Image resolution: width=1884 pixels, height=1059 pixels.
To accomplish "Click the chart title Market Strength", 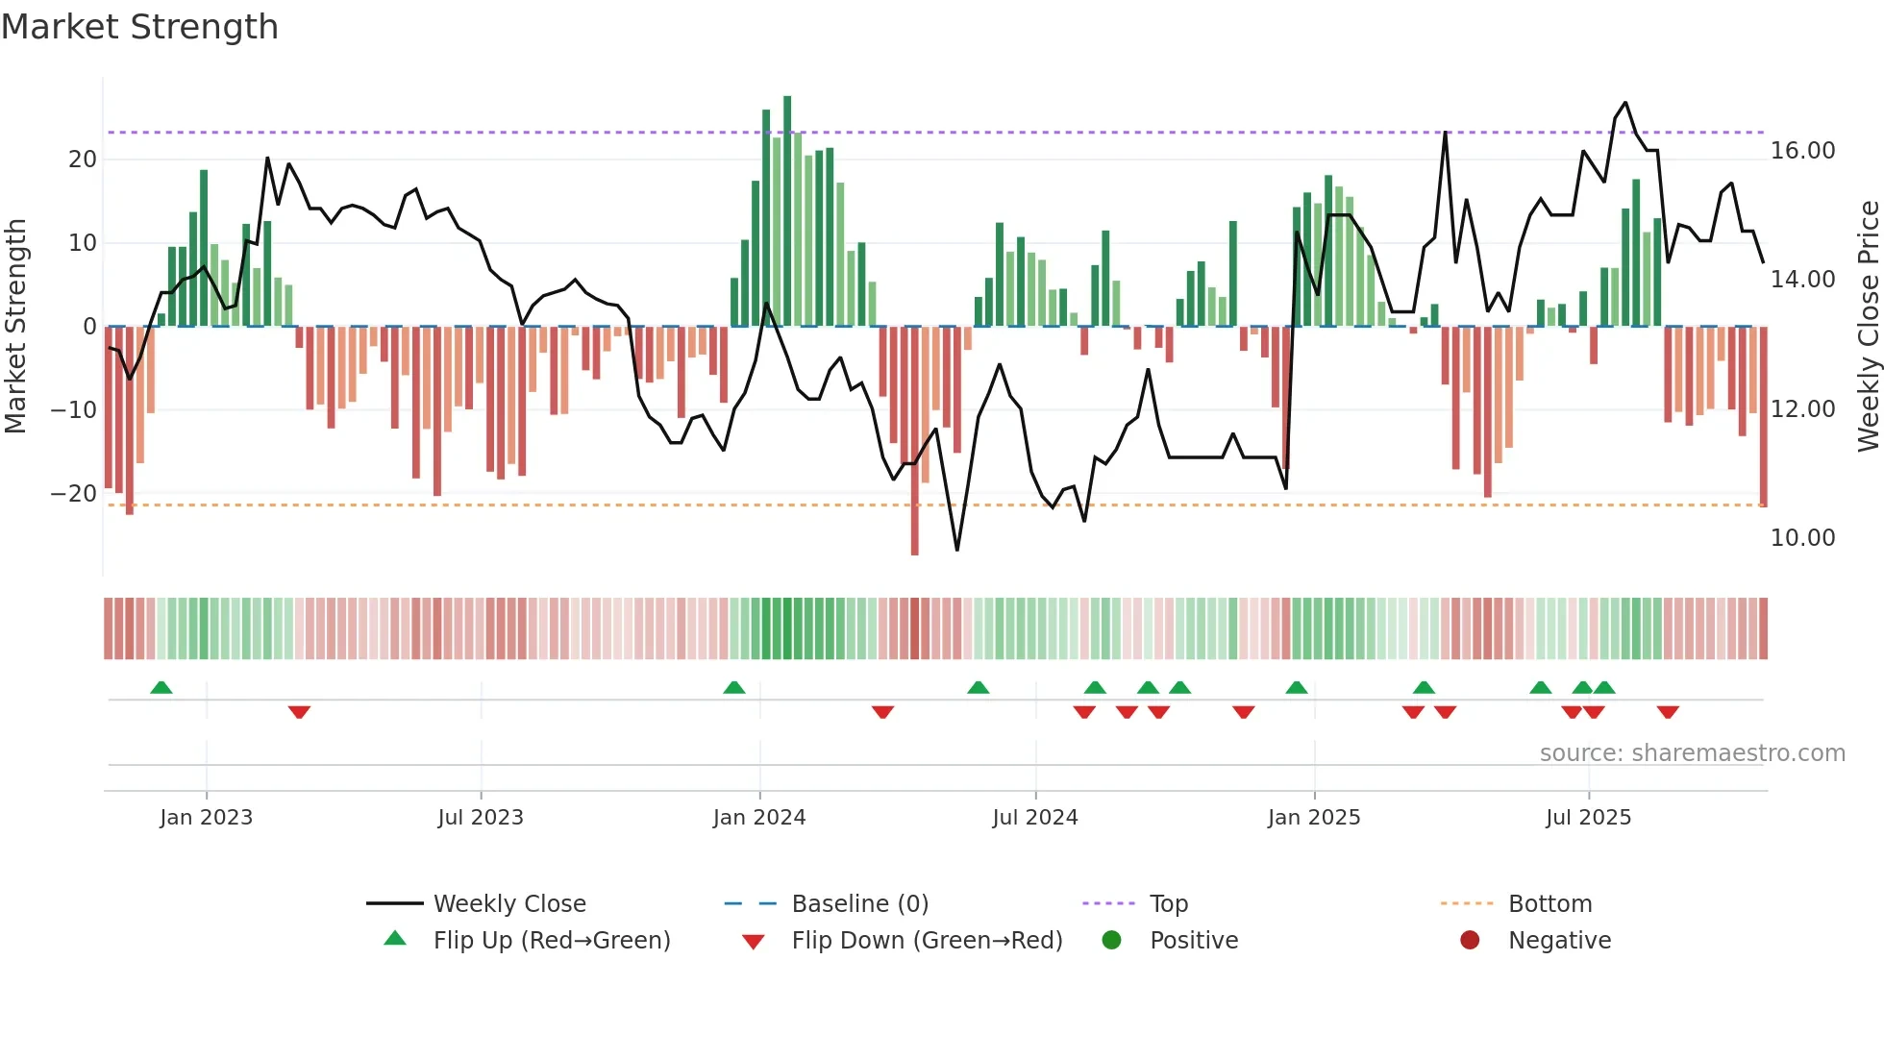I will point(139,27).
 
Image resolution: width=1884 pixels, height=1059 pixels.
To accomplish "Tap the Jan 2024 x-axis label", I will point(758,818).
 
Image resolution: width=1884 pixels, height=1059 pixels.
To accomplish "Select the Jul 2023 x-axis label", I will point(480,818).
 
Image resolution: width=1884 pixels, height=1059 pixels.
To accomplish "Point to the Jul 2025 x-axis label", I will point(1588,818).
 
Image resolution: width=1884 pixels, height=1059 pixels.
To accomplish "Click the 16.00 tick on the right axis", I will point(1802,151).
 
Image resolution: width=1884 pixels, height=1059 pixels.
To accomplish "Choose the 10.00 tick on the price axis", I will point(1802,538).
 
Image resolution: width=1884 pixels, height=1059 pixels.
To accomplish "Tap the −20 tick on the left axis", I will point(74,494).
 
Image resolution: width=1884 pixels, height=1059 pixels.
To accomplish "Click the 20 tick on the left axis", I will point(83,160).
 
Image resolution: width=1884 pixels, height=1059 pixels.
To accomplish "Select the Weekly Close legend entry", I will point(508,904).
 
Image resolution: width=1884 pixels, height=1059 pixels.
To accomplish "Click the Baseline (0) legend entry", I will point(859,904).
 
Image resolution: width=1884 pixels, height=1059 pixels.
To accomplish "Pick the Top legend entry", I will point(1168,904).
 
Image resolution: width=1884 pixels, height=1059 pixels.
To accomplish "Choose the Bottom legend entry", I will point(1549,904).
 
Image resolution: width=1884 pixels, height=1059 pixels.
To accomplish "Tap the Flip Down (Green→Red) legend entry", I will point(926,941).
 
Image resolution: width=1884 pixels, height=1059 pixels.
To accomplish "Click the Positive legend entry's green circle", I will point(1111,941).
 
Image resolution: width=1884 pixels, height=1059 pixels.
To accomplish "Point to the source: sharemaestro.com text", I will point(1692,753).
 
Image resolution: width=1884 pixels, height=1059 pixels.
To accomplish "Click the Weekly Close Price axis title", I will point(1868,327).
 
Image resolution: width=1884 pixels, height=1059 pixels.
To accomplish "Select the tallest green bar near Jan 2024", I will point(787,211).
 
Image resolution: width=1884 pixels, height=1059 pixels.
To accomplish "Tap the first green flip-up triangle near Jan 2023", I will point(161,688).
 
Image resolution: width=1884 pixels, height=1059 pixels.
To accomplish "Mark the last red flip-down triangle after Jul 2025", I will point(1668,712).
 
